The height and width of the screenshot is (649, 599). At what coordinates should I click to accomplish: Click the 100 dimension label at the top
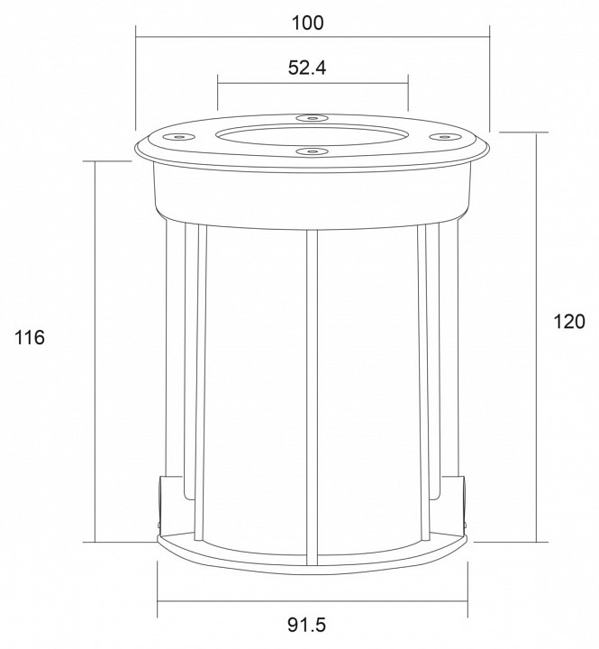click(308, 23)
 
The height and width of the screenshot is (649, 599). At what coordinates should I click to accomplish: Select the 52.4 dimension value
click(307, 68)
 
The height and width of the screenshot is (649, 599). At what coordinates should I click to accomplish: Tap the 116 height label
click(30, 338)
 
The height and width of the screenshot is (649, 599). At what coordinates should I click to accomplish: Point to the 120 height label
click(569, 321)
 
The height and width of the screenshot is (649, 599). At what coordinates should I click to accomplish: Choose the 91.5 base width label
click(307, 625)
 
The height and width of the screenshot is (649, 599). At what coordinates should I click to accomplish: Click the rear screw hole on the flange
click(313, 118)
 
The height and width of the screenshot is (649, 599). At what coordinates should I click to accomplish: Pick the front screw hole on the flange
click(313, 152)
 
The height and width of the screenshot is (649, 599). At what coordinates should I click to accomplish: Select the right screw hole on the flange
click(445, 137)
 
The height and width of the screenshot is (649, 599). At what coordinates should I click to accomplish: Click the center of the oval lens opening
click(313, 135)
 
